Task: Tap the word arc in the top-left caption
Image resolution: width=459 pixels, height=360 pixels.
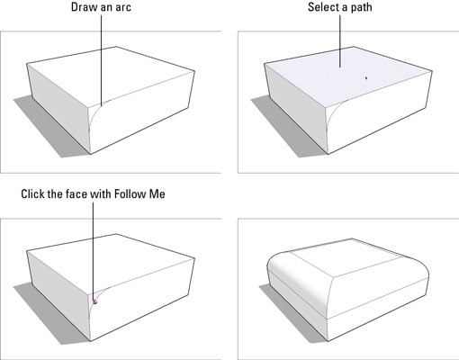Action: (123, 7)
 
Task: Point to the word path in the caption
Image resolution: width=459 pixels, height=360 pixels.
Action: (362, 7)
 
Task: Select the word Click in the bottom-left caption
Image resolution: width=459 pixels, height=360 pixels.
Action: (32, 193)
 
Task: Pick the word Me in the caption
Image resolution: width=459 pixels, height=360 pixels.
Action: (157, 193)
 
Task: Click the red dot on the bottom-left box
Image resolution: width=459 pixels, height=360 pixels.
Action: (94, 301)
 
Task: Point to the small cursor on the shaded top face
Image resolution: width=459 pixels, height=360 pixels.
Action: (366, 78)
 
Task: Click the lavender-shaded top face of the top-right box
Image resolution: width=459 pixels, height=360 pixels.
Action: (348, 75)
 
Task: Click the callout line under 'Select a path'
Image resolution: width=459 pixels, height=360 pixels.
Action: (340, 41)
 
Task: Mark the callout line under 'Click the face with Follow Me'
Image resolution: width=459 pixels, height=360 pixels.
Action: (93, 251)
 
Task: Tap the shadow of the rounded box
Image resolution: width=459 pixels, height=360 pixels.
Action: (288, 312)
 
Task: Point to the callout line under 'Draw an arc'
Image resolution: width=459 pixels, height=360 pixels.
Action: (101, 60)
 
